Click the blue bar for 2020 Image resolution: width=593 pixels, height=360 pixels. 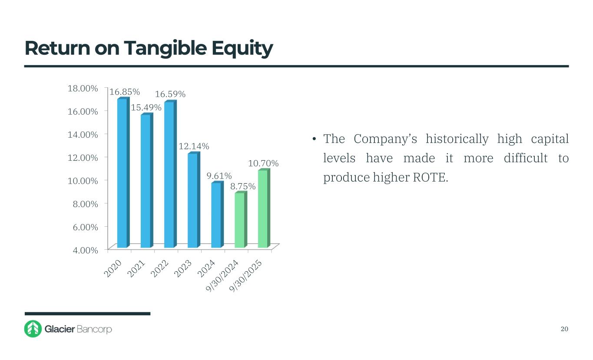(122, 174)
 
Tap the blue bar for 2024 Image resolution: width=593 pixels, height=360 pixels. (216, 215)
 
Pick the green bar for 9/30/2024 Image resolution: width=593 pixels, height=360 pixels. (239, 220)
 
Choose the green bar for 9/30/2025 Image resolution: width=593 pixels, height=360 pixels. (263, 209)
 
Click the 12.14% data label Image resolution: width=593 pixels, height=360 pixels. (194, 147)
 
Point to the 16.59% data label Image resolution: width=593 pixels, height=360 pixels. (170, 94)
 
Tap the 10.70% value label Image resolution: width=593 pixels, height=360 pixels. (263, 163)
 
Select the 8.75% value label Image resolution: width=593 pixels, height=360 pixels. (243, 186)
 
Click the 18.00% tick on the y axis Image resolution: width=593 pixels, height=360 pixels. (83, 88)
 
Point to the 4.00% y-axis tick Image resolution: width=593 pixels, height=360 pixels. (84, 250)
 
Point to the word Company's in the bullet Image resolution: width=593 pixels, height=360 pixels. (385, 139)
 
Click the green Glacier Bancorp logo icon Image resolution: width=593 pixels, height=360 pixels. (33, 329)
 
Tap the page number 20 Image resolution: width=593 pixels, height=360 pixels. (564, 329)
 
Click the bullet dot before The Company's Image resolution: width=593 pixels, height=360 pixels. (313, 139)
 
